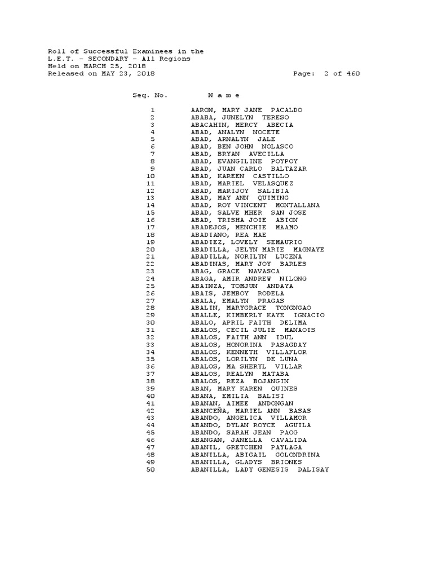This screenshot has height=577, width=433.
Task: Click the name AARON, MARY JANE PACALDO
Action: click(x=246, y=110)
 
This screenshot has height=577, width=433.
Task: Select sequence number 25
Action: click(x=150, y=286)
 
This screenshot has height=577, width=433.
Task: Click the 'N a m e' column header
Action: click(x=224, y=95)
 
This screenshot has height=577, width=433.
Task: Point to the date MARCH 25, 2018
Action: click(x=115, y=66)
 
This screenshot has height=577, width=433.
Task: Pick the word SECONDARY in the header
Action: click(x=105, y=59)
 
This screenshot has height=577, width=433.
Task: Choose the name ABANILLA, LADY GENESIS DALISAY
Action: click(x=260, y=469)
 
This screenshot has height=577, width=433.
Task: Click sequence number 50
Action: click(x=150, y=469)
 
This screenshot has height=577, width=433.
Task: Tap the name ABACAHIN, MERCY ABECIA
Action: click(x=242, y=125)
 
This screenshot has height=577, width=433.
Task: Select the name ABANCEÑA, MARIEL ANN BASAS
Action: click(x=251, y=410)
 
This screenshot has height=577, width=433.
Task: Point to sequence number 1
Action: click(x=152, y=110)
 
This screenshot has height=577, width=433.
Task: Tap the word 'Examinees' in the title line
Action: click(x=152, y=51)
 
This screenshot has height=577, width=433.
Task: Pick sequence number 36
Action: click(x=150, y=366)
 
